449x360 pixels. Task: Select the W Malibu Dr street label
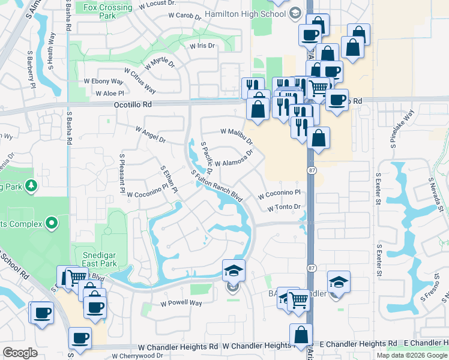[x=237, y=136]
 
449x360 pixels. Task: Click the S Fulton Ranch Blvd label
[x=217, y=187]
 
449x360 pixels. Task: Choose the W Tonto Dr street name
[x=283, y=208]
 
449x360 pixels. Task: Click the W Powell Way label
[x=181, y=303]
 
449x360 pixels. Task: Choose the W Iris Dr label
[x=202, y=46]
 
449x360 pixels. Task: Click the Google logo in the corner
[x=20, y=353]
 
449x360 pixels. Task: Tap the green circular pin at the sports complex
[x=52, y=224]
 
